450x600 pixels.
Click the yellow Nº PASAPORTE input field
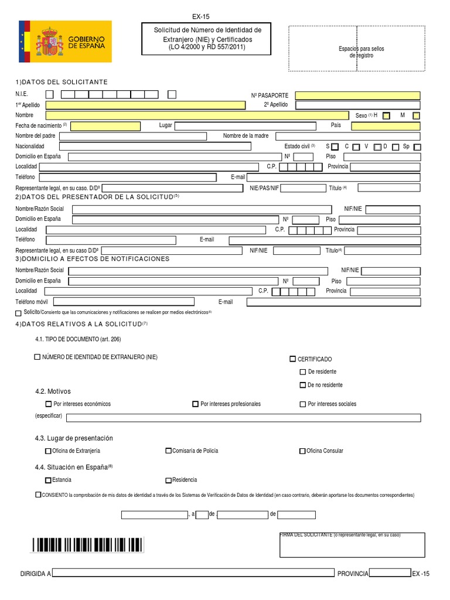(357, 96)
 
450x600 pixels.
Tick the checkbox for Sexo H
(386, 116)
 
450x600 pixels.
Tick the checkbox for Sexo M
(416, 116)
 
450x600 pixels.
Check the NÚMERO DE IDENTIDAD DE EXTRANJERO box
(38, 357)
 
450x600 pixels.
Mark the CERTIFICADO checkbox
(293, 359)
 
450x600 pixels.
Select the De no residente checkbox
(303, 385)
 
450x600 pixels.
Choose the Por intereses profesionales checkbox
(196, 404)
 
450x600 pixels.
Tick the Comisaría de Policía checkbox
(169, 451)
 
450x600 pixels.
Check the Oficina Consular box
(303, 451)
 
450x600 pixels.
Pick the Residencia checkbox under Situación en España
(169, 480)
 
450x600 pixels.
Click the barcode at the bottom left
(88, 546)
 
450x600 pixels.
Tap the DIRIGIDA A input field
(193, 573)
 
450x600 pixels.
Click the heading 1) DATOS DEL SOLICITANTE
(62, 82)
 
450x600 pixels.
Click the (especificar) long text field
(243, 418)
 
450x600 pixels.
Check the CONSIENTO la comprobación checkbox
(38, 495)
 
